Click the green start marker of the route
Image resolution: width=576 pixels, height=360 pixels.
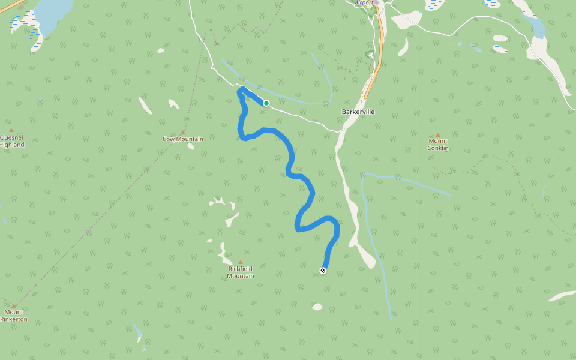click(266, 103)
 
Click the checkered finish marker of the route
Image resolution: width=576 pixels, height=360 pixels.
click(323, 271)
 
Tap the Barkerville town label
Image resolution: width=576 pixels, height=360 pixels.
click(358, 112)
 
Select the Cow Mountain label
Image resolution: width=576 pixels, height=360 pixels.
click(183, 139)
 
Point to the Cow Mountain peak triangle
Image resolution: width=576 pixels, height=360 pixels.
click(183, 132)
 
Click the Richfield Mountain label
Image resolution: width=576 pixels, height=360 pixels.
click(241, 272)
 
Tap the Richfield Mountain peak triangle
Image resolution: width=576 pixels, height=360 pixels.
click(241, 262)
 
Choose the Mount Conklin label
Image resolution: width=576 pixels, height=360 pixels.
click(438, 145)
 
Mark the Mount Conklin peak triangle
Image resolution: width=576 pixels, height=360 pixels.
click(438, 135)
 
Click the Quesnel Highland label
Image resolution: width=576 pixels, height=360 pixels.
click(11, 141)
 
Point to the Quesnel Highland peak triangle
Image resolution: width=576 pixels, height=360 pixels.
click(11, 130)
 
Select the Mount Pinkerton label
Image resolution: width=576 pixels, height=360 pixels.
click(14, 316)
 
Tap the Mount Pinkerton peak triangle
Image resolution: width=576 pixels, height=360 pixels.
click(14, 306)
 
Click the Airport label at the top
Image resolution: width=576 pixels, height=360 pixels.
click(364, 3)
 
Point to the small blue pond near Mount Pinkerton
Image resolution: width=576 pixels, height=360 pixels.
click(137, 330)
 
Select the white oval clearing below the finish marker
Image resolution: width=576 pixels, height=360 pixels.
click(317, 307)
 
